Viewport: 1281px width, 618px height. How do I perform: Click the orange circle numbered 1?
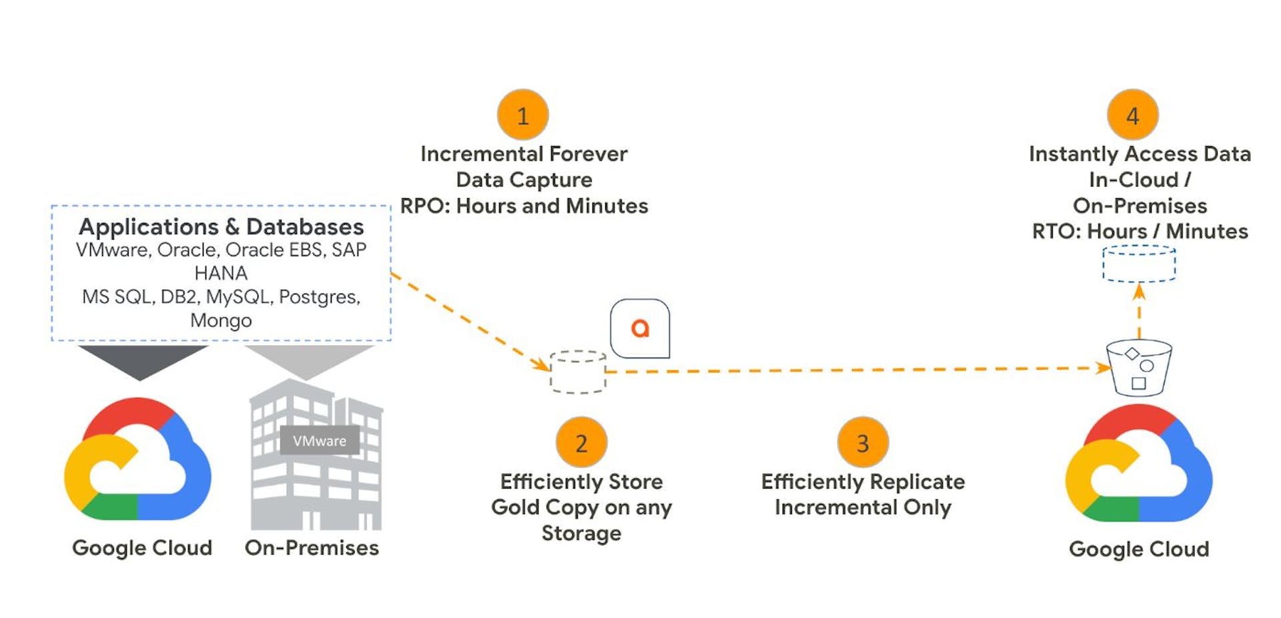coord(523,115)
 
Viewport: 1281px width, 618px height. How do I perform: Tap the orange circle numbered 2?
coord(581,442)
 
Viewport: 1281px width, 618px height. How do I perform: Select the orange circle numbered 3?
coord(863,442)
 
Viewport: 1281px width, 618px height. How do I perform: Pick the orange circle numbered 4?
coord(1132,115)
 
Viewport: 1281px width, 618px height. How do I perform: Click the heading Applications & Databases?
coord(221,227)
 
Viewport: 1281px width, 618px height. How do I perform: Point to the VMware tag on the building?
coord(320,440)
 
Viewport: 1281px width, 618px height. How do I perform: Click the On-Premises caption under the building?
coord(312,548)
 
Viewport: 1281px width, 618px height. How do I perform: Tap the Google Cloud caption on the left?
coord(142,548)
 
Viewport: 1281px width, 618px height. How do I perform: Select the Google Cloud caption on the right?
coord(1139,549)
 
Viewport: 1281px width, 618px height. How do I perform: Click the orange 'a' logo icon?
coord(640,328)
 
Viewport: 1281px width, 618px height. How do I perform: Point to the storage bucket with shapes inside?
coord(1139,368)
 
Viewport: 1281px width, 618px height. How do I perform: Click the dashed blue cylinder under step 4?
coord(1139,264)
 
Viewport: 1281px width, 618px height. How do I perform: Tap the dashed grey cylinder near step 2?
coord(578,372)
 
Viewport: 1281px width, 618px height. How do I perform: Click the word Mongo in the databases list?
coord(221,320)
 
